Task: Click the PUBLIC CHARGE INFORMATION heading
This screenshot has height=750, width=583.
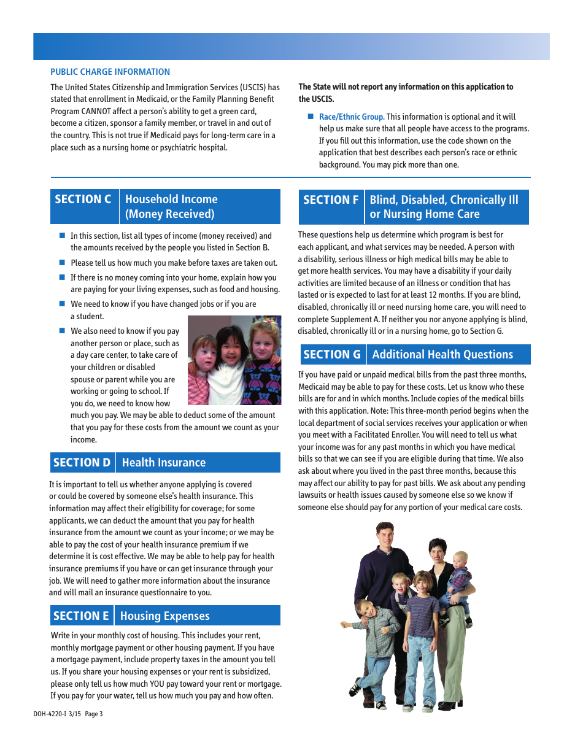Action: click(x=110, y=72)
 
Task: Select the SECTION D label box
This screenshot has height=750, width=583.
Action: click(x=82, y=462)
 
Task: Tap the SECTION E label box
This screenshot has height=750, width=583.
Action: click(x=81, y=616)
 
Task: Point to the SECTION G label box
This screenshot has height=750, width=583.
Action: click(x=332, y=354)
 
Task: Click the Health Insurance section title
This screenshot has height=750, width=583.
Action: click(x=164, y=462)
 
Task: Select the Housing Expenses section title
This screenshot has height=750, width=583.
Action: click(x=165, y=616)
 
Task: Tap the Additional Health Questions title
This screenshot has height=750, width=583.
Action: click(x=442, y=354)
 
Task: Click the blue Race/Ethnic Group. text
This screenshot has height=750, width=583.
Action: click(x=352, y=117)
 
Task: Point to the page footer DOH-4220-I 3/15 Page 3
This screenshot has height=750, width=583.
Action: click(x=68, y=714)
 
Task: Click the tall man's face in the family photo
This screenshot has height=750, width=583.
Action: click(x=385, y=537)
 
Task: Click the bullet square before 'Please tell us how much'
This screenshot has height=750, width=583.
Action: click(x=62, y=262)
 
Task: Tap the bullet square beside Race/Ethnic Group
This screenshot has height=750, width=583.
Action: click(x=311, y=117)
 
